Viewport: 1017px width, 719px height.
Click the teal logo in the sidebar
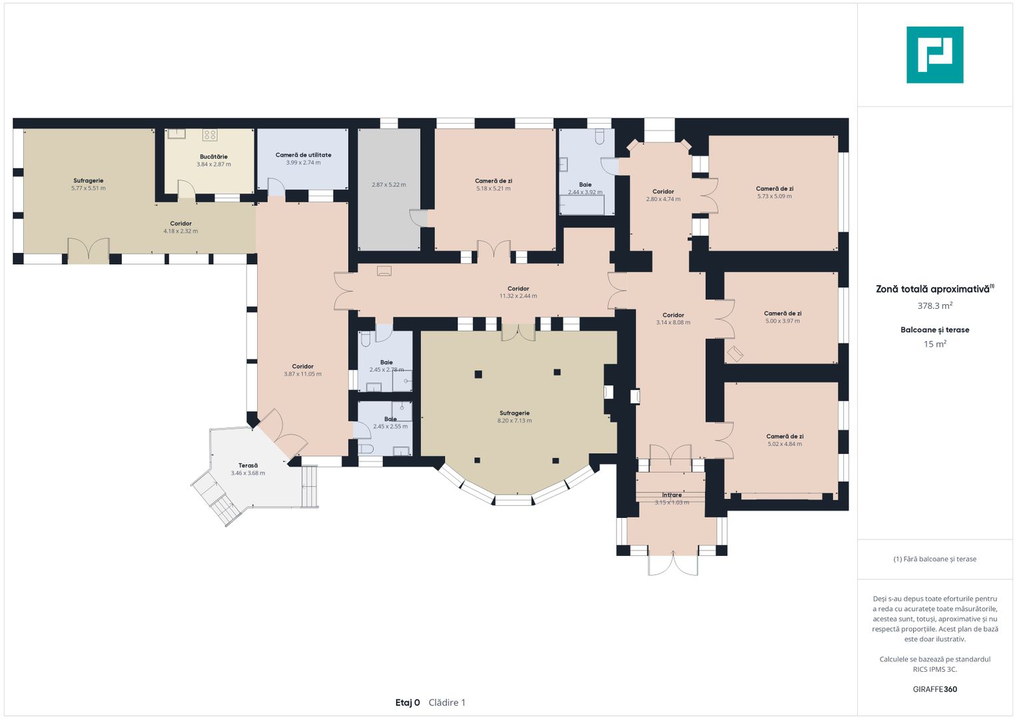[x=935, y=55]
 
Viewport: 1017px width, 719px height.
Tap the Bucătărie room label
[x=213, y=156]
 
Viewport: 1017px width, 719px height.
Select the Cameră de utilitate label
[x=303, y=154]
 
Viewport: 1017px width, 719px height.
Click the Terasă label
[x=248, y=465]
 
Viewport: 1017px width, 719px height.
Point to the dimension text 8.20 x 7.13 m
[x=514, y=421]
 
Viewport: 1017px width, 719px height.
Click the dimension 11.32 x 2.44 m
[x=518, y=296]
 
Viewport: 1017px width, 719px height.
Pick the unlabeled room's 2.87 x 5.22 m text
[x=389, y=185]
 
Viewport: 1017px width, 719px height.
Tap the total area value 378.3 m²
[x=935, y=306]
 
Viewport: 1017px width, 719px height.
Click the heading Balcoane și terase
[x=935, y=330]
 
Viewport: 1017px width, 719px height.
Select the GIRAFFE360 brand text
[x=935, y=689]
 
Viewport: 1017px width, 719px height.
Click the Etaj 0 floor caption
[x=407, y=702]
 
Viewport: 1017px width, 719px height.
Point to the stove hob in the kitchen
[x=210, y=134]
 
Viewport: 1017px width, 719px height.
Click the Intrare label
[x=671, y=495]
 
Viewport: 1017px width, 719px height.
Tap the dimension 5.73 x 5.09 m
[x=774, y=196]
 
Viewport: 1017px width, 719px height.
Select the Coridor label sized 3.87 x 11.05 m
[x=302, y=366]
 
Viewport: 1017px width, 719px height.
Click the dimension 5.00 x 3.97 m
[x=783, y=321]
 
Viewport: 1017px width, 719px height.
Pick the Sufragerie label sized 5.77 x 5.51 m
[x=88, y=180]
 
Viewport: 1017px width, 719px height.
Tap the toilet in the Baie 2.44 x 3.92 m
[x=599, y=136]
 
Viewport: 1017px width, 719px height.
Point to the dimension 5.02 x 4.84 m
[x=785, y=444]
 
